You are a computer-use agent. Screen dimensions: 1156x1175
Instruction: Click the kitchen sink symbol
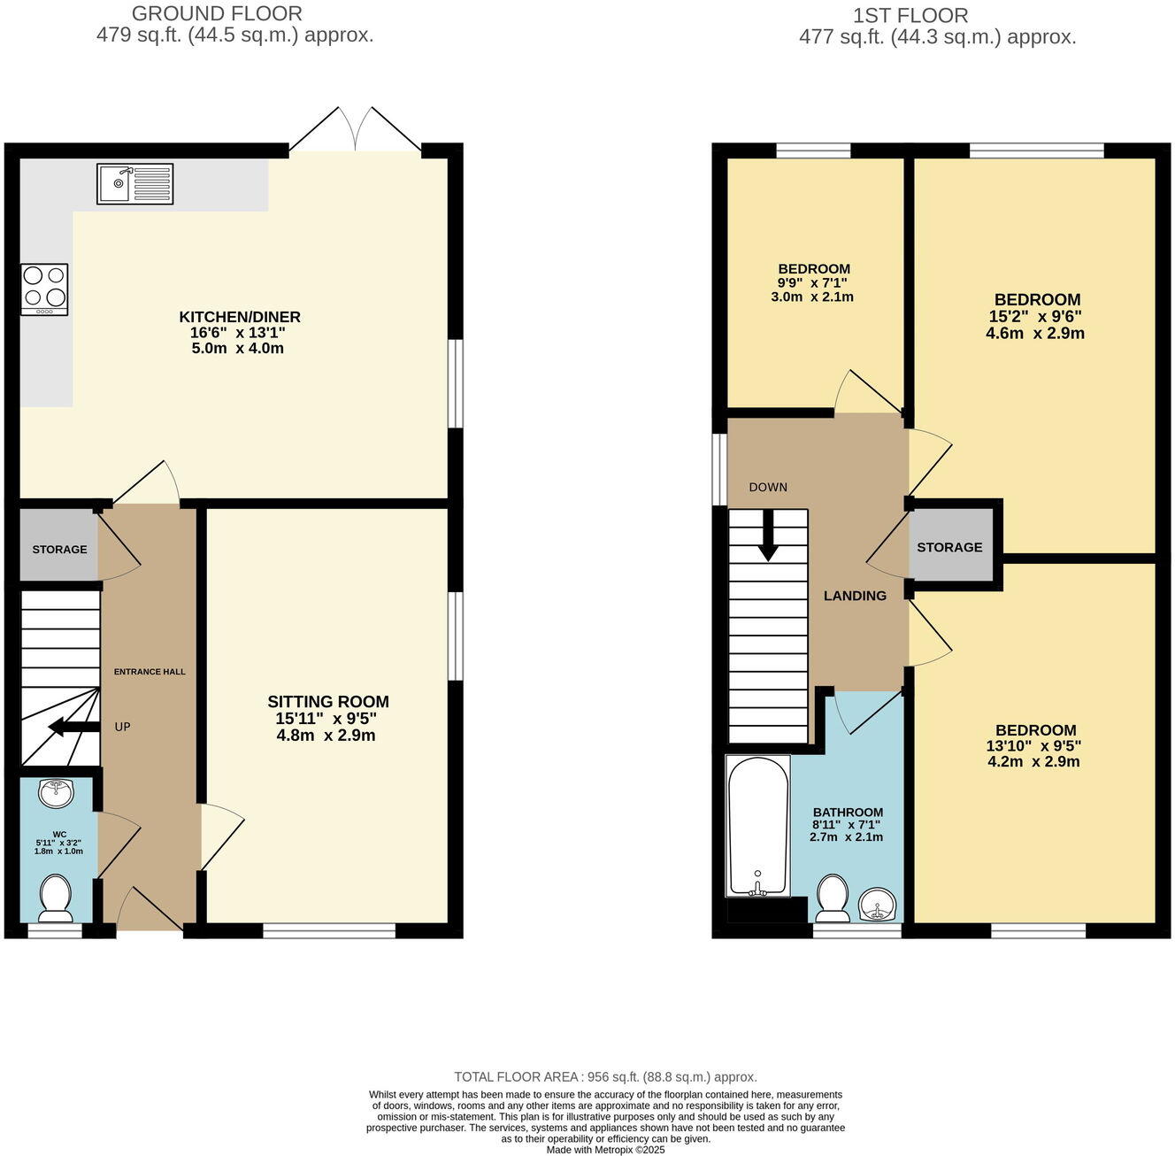coord(135,183)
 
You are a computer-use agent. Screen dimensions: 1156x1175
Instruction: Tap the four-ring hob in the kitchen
coord(44,289)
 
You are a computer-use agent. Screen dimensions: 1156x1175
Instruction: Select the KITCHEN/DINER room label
coord(240,317)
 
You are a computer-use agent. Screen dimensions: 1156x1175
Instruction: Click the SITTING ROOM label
coord(328,702)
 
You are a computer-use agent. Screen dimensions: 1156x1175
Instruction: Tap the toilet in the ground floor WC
coord(57,896)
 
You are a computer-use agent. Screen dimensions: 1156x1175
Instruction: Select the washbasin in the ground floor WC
coord(58,793)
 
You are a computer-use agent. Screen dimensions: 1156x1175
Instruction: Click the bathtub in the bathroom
coord(757,825)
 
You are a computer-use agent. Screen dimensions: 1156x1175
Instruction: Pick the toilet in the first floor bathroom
coord(833,897)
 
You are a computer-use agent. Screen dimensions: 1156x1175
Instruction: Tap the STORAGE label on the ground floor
coord(59,550)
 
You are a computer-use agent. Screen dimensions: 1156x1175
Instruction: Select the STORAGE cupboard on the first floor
coord(949,547)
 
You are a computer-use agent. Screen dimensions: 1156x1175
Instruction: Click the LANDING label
coord(855,596)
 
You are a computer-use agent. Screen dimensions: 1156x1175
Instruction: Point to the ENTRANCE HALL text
coord(150,672)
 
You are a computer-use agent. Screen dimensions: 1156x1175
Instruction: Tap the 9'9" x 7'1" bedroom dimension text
coord(812,282)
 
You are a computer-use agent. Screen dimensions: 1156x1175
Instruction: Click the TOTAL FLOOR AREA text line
coord(605,1077)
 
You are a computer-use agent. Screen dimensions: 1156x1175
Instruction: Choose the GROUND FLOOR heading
coord(217,14)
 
